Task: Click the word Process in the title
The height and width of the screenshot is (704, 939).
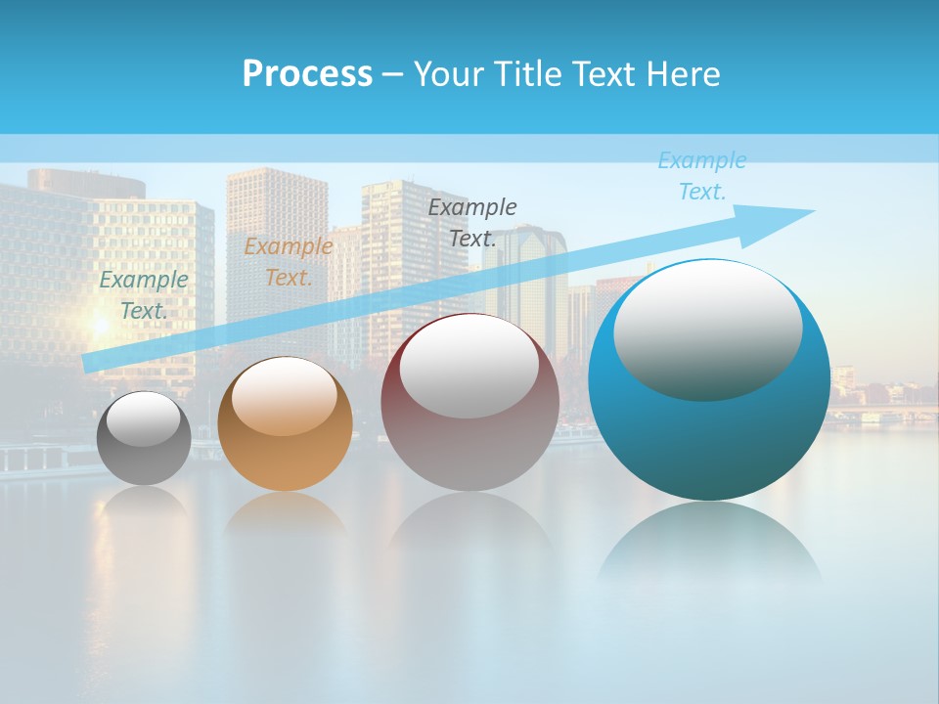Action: click(x=307, y=73)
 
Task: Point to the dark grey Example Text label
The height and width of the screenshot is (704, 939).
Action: click(x=472, y=222)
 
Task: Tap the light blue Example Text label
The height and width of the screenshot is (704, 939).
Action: click(x=701, y=176)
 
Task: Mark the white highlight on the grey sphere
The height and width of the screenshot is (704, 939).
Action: click(x=144, y=420)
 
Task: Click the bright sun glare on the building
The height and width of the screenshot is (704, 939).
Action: click(x=100, y=323)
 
